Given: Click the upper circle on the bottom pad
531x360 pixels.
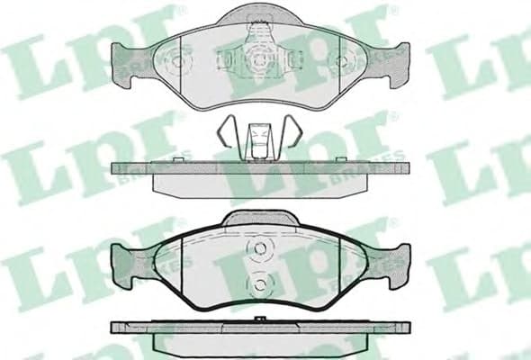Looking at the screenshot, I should pyautogui.click(x=259, y=248).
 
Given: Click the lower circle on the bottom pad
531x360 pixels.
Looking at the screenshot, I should pyautogui.click(x=259, y=284).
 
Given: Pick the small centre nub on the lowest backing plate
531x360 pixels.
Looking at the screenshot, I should pyautogui.click(x=260, y=319).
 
